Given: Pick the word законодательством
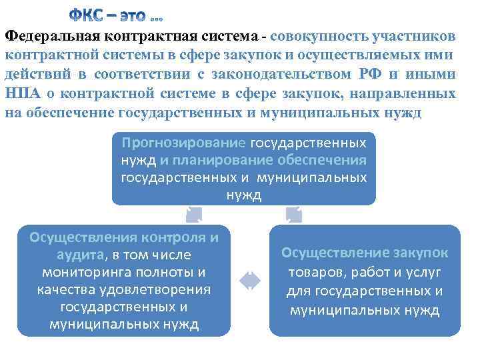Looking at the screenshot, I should click(301, 75).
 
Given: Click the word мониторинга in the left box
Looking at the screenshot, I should click(85, 272).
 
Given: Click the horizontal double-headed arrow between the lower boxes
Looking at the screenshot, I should click(249, 281).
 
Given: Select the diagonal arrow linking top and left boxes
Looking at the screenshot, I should click(194, 213).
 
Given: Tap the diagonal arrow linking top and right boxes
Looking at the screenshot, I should click(293, 213).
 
